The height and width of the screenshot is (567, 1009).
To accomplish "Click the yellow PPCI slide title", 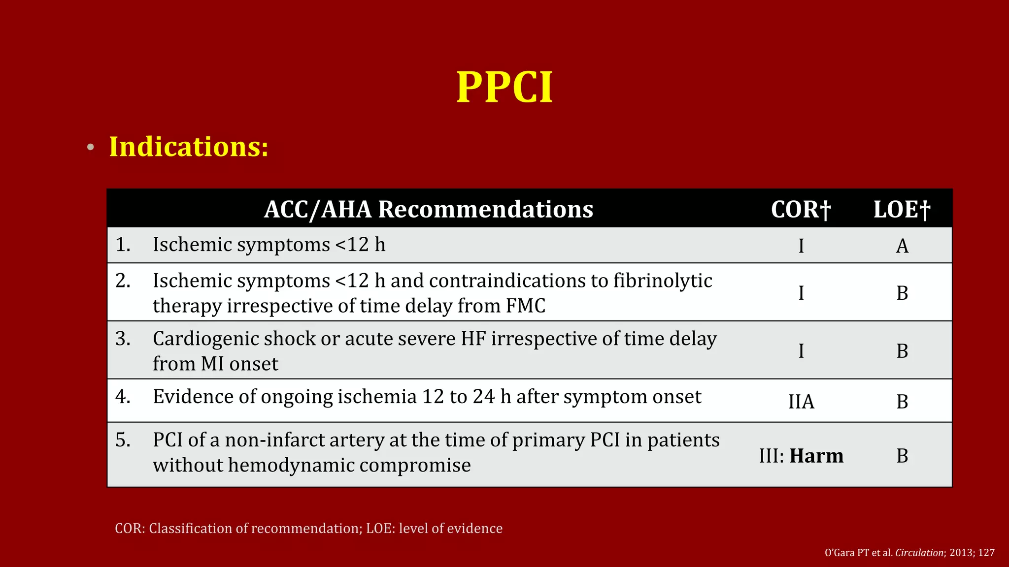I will click(x=504, y=88).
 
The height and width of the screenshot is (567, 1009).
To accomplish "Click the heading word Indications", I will click(x=189, y=147).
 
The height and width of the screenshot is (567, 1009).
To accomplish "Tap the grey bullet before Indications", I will click(x=90, y=148).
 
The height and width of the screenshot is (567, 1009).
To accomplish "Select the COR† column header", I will click(x=801, y=210).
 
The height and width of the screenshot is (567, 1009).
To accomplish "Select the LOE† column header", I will click(x=902, y=210).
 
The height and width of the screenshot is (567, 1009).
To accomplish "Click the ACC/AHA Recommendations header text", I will click(x=428, y=209).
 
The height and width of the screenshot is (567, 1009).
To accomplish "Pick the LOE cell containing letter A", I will click(x=902, y=246).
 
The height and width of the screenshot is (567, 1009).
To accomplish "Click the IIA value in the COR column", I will click(x=801, y=402).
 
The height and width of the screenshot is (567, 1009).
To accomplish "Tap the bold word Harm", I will click(x=816, y=456).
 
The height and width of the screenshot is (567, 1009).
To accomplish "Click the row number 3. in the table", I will click(x=123, y=339).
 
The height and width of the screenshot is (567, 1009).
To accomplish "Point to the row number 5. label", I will click(x=123, y=440).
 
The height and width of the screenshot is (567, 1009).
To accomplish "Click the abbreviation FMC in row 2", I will click(x=526, y=306).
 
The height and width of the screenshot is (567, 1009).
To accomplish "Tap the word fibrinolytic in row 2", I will click(x=663, y=281).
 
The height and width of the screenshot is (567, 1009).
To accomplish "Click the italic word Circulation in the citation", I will click(x=919, y=553).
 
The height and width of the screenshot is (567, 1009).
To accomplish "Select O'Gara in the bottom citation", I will click(x=840, y=553).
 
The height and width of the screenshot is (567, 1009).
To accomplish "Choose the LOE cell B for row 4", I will click(x=902, y=402).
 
